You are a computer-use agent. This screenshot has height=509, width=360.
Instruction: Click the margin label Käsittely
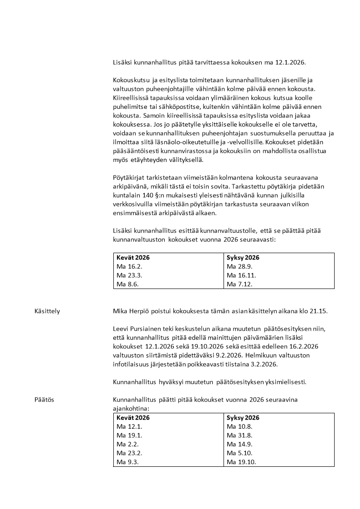pos(47,311)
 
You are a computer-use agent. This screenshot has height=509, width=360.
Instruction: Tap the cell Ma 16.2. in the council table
pos(127,266)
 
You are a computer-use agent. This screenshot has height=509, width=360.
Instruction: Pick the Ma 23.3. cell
pos(127,275)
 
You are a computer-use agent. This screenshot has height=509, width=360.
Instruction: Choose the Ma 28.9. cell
pos(238,266)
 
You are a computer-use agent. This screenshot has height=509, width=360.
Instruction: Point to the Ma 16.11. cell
pos(239,275)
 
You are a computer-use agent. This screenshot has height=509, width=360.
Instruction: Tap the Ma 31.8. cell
pos(238,436)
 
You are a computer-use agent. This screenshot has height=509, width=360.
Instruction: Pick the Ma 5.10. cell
pos(238,453)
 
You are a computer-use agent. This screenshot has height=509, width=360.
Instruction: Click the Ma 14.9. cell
pos(238,444)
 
